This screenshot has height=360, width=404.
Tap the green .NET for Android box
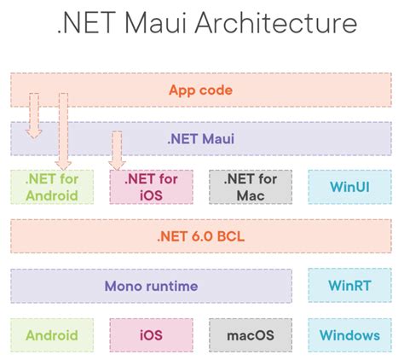pos(51,187)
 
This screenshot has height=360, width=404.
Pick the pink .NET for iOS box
pos(150,187)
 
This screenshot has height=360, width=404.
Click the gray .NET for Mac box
pos(251,187)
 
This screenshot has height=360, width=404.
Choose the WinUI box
pos(349,187)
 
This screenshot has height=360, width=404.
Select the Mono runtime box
pos(152,286)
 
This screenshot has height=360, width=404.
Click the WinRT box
pos(349,286)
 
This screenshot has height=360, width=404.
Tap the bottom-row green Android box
pos(51,335)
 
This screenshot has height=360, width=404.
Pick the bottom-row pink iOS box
pos(150,335)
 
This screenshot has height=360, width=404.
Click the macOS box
pos(251,335)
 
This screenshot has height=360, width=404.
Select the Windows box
pos(349,335)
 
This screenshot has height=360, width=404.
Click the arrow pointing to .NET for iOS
pos(118,150)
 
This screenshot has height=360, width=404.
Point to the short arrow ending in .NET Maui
pos(33,115)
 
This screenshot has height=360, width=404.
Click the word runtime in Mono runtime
pos(170,286)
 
